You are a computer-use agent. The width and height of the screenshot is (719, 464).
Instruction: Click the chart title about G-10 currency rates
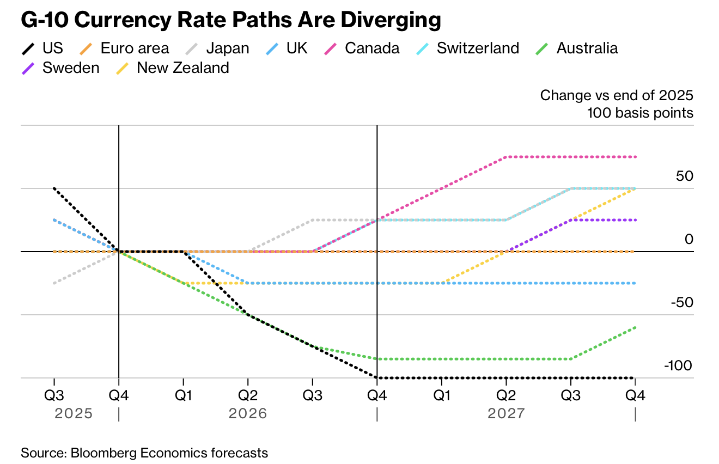pyautogui.click(x=230, y=20)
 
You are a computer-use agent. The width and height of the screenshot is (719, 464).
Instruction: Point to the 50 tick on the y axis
pyautogui.click(x=683, y=176)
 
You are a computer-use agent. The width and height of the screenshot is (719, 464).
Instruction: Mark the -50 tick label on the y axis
pyautogui.click(x=680, y=303)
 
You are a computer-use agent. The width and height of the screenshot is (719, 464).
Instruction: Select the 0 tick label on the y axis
pyautogui.click(x=688, y=240)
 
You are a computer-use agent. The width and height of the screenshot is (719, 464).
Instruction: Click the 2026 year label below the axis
pyautogui.click(x=248, y=413)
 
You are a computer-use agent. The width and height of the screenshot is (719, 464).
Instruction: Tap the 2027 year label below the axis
pyautogui.click(x=507, y=413)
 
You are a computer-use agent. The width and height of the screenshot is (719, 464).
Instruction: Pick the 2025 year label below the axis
pyautogui.click(x=74, y=413)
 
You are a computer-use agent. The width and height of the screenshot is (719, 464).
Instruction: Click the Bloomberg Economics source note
pyautogui.click(x=144, y=453)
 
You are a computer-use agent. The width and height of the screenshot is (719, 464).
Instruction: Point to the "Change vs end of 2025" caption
pyautogui.click(x=617, y=96)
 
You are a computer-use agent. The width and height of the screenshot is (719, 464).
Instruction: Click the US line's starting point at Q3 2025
pyautogui.click(x=54, y=188)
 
